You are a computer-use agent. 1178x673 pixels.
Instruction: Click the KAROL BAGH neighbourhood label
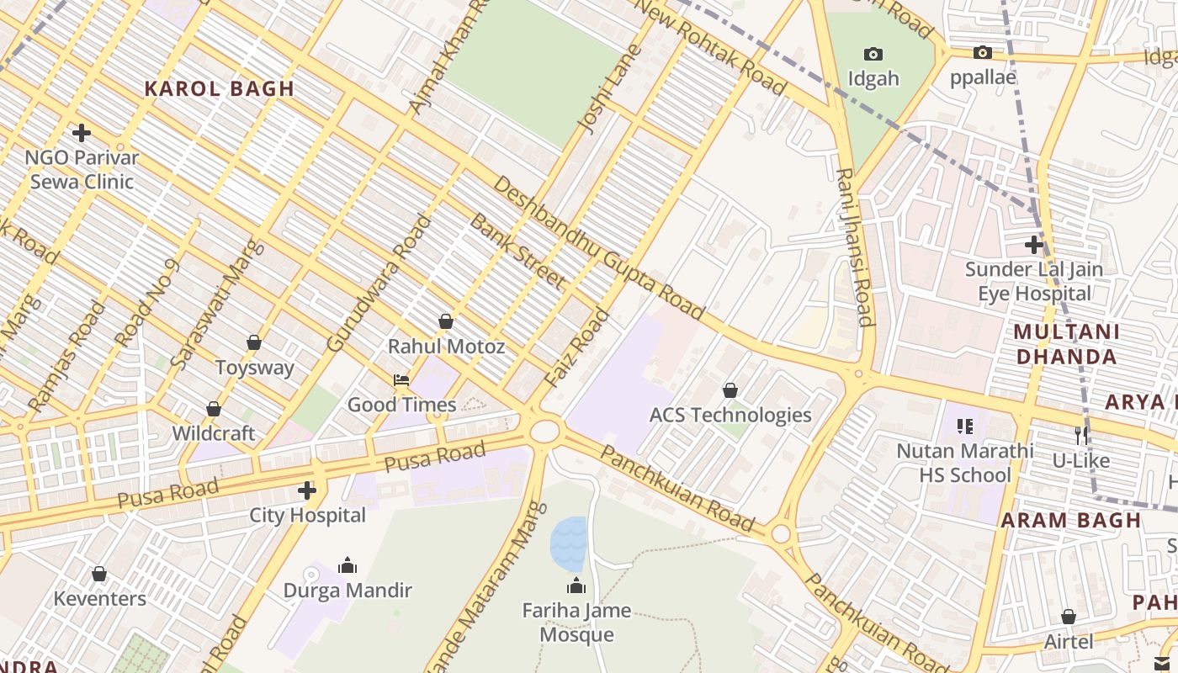click(219, 89)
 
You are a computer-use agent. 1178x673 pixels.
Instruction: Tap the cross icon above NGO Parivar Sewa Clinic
click(82, 133)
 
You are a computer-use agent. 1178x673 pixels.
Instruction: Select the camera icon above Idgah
click(873, 55)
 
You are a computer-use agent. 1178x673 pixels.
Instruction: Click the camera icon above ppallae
click(982, 53)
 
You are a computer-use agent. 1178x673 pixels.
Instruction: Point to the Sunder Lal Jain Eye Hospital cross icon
click(1034, 245)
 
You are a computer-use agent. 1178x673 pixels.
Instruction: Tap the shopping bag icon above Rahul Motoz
click(446, 321)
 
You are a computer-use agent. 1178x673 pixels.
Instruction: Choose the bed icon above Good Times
click(401, 380)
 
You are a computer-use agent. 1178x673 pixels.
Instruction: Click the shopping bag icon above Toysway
click(254, 342)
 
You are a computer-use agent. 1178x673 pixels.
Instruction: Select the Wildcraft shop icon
click(214, 409)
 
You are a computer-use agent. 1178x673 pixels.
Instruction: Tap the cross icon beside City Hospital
click(307, 490)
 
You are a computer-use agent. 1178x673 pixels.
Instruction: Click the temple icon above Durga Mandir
click(348, 565)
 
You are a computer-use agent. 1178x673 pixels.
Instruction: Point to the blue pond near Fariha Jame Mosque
click(568, 543)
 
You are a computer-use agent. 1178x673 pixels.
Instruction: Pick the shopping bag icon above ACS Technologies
click(730, 390)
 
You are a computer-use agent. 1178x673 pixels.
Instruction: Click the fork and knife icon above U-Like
click(1081, 436)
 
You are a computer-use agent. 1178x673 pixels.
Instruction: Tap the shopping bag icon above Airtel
click(1069, 617)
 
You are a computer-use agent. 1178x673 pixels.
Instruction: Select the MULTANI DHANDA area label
click(1066, 344)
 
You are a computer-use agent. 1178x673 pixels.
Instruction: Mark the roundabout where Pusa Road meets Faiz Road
click(544, 431)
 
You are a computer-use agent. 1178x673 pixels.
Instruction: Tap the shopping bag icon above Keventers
click(99, 574)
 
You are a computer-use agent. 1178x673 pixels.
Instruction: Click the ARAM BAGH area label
click(1070, 520)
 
